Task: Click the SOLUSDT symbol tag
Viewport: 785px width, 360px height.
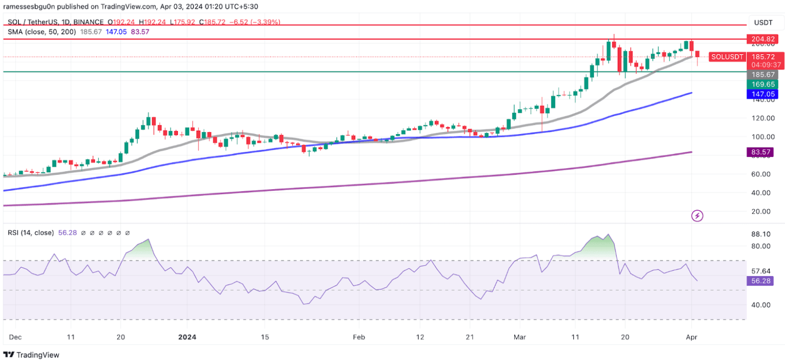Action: pos(727,57)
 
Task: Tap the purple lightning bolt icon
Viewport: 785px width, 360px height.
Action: pos(697,216)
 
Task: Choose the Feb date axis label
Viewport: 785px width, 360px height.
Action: pos(359,337)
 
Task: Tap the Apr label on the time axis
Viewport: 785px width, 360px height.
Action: pos(692,337)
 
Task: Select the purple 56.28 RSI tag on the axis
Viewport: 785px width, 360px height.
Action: pos(763,280)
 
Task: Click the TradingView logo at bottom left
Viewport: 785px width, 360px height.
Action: pos(32,354)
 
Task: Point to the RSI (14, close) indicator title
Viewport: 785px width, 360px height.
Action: pos(31,233)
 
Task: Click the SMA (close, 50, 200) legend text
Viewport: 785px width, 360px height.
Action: pos(42,32)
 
